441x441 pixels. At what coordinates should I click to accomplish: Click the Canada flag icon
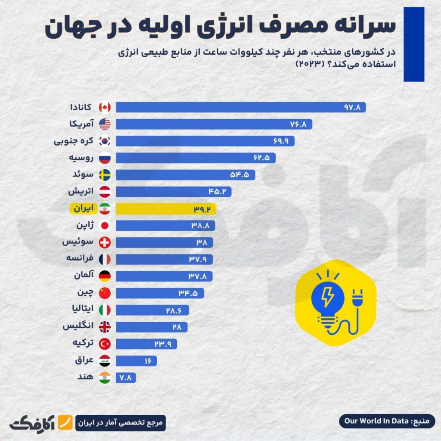(105, 107)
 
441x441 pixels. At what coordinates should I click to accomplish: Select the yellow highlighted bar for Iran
(166, 208)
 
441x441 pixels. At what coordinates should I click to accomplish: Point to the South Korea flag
(105, 141)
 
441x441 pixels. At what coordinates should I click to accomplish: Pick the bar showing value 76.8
(213, 124)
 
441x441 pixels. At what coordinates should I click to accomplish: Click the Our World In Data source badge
(388, 421)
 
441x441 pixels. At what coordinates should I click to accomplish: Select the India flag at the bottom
(105, 377)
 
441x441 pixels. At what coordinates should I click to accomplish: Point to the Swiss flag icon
(105, 242)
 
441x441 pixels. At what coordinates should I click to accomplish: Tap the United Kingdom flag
(105, 327)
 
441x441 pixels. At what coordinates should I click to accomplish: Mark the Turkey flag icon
(105, 344)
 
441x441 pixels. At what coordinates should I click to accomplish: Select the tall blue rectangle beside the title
(413, 44)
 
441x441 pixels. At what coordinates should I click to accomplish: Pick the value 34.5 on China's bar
(188, 293)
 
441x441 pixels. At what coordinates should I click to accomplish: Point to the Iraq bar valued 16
(136, 360)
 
